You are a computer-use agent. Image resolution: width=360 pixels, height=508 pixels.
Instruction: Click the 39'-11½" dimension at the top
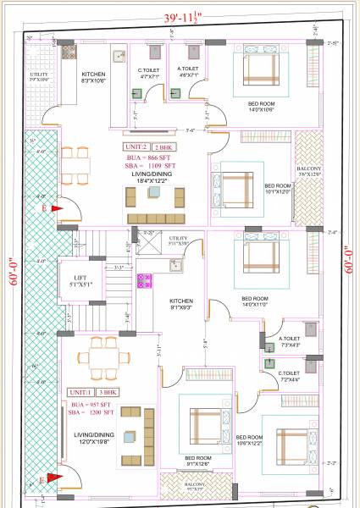point(179,17)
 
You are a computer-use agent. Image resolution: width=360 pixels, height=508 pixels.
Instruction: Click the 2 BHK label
point(161,146)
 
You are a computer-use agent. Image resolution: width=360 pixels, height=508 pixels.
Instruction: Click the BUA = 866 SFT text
point(146,158)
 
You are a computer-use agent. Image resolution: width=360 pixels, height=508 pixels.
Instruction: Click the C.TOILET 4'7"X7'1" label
point(151,72)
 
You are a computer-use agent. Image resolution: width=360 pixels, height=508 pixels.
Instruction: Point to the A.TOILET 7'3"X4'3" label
point(291,342)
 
